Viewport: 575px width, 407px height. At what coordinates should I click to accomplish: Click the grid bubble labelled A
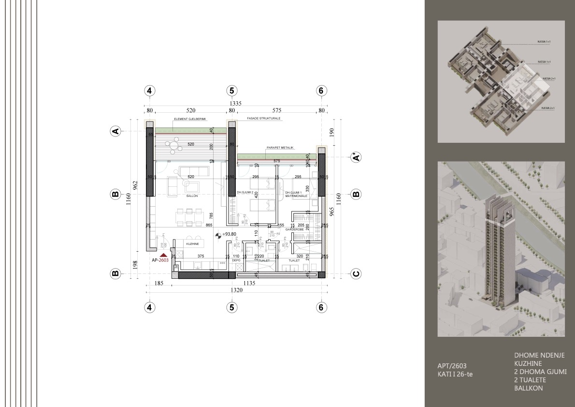point(115,131)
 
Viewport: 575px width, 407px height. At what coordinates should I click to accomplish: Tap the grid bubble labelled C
point(356,274)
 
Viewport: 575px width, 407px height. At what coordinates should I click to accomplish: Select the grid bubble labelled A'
point(356,157)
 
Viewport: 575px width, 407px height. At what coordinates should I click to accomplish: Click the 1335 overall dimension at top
point(235,103)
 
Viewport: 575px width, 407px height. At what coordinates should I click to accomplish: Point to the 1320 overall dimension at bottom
point(235,290)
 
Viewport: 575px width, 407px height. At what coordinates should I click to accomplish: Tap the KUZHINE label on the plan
point(193,244)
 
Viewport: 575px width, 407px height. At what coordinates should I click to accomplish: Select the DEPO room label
point(236,260)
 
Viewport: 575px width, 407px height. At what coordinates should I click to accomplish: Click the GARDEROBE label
point(293,230)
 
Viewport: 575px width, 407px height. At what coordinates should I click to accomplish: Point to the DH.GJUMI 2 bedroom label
point(245,193)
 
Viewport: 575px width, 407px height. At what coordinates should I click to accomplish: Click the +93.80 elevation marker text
point(230,235)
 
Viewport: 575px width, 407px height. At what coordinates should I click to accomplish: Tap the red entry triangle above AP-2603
point(164,254)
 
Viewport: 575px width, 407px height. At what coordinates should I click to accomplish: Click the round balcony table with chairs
point(173,144)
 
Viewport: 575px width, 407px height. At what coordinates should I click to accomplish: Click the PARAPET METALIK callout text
point(280,148)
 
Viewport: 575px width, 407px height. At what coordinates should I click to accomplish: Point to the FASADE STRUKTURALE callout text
point(264,118)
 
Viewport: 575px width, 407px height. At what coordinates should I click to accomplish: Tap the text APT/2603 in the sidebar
point(452,366)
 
